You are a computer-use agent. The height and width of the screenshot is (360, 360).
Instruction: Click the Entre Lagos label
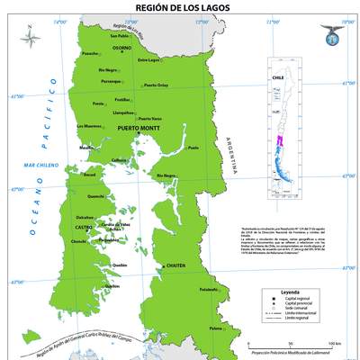[x=148, y=60]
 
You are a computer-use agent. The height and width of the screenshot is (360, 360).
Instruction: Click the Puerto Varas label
[x=149, y=119]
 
